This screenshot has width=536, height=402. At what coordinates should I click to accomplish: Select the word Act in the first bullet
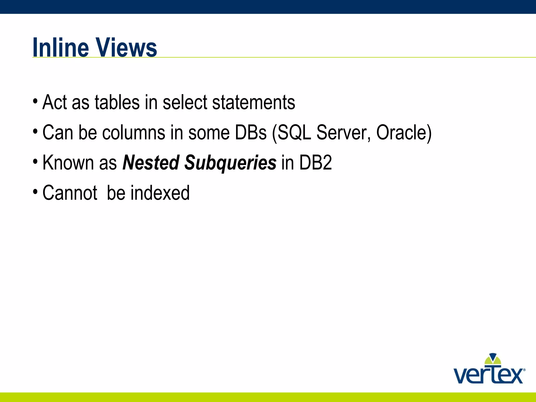54,102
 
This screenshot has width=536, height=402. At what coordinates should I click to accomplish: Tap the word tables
117,102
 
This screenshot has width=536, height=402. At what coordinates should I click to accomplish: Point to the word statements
254,102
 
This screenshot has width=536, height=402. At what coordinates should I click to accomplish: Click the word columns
133,132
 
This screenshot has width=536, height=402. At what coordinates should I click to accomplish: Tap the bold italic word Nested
151,163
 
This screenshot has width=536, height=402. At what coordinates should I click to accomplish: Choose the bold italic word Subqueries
230,163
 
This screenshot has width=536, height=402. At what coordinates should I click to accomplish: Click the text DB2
315,163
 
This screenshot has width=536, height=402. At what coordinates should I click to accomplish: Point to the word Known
68,163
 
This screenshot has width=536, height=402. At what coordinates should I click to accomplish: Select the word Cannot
70,193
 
